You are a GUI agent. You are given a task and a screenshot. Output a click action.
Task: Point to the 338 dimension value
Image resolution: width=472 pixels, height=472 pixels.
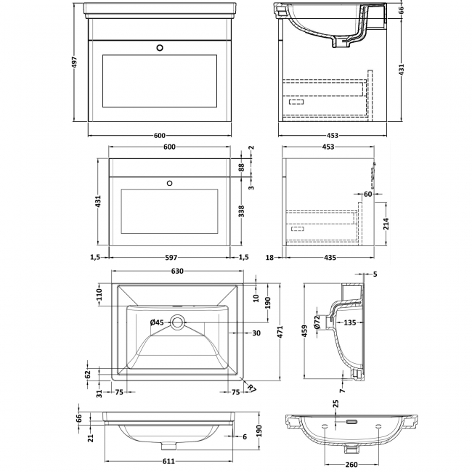(241, 211)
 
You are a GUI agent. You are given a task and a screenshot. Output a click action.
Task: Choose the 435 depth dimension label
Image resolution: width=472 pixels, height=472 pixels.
(330, 256)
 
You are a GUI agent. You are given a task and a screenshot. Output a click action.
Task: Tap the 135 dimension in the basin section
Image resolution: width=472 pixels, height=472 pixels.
(350, 322)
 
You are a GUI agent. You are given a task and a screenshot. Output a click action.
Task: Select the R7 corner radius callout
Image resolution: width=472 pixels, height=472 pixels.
(251, 389)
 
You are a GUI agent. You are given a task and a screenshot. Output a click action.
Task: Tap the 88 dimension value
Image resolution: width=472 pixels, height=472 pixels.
(241, 167)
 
